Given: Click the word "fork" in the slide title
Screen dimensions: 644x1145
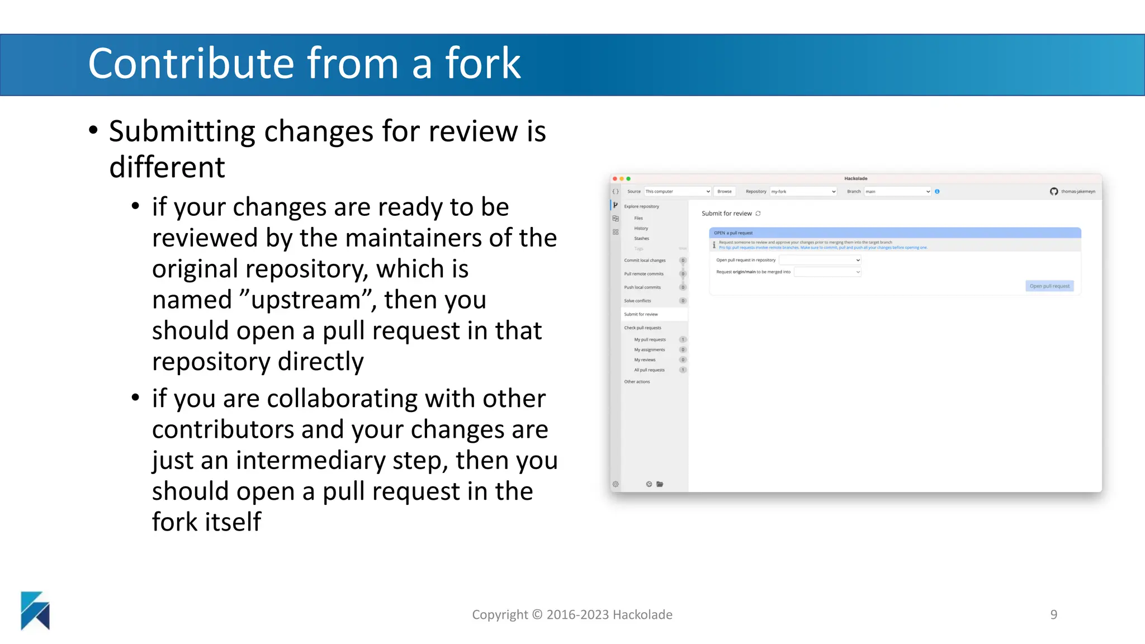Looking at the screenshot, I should (x=482, y=63).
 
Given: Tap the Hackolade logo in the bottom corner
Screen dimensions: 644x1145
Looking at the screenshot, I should (x=35, y=610).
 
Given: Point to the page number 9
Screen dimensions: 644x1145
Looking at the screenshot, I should (x=1053, y=614).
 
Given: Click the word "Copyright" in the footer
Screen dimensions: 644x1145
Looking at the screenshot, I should (x=500, y=614).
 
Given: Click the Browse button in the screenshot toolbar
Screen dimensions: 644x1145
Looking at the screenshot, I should (x=725, y=191).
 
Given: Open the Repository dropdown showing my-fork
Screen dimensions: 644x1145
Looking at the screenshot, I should (x=803, y=191).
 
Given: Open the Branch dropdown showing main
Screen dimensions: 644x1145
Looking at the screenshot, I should (x=897, y=191).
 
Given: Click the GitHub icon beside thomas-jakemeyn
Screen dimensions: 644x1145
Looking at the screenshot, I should (x=1054, y=191).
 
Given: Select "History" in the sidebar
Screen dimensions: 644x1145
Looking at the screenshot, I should (x=641, y=228).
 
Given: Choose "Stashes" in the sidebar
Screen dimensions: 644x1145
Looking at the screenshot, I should (x=641, y=238).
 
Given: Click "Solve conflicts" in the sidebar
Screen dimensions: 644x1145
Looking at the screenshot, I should (x=637, y=301).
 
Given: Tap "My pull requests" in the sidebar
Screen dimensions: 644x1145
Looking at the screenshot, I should (x=650, y=339).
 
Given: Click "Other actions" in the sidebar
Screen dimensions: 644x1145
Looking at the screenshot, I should (x=637, y=382).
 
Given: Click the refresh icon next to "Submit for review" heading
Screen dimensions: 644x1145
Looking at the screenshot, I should (x=758, y=214).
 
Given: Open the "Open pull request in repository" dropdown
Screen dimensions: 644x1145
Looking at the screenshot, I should (x=820, y=260).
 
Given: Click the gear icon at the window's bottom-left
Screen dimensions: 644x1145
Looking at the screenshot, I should (x=616, y=484).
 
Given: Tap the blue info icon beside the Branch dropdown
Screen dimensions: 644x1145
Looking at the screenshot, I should (x=937, y=191).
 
